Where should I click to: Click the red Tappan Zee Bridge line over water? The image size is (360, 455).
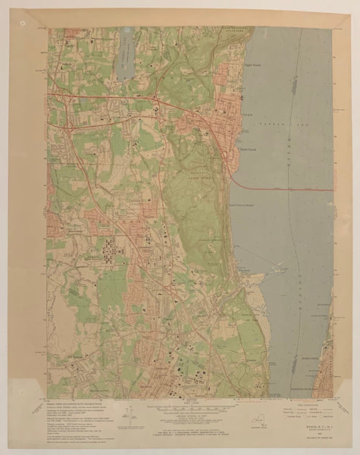tap(288, 188)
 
